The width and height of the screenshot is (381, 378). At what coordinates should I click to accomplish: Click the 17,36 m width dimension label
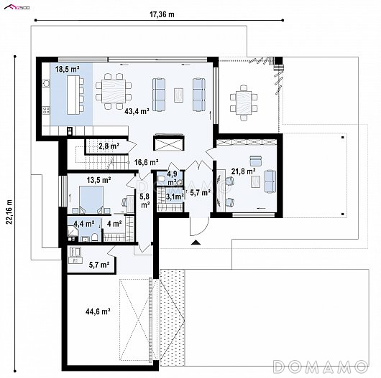(162, 14)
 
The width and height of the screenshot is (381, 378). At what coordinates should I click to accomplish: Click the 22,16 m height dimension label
(9, 212)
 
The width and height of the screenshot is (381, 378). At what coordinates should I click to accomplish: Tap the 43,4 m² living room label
(137, 111)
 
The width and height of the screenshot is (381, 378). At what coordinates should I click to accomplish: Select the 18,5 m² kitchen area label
(68, 69)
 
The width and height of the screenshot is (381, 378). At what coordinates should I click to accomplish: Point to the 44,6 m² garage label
(98, 311)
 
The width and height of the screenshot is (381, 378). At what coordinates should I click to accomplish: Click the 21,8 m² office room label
(243, 171)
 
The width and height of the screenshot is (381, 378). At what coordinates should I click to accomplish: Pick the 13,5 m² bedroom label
(99, 180)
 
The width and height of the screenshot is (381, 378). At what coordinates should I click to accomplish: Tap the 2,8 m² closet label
(109, 146)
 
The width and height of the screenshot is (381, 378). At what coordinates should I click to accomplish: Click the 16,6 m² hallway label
(147, 161)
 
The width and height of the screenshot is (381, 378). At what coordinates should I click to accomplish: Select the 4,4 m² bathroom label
(84, 224)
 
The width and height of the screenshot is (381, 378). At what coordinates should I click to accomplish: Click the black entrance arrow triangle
(195, 242)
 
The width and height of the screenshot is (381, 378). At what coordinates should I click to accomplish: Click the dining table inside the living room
(114, 91)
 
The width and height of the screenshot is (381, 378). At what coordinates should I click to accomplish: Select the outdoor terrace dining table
(244, 103)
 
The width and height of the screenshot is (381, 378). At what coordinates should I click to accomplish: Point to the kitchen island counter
(73, 95)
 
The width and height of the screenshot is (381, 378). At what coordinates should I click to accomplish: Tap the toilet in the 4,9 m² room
(162, 179)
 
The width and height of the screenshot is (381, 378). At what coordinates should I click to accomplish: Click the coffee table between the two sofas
(179, 95)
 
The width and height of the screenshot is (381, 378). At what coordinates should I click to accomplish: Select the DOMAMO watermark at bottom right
(321, 366)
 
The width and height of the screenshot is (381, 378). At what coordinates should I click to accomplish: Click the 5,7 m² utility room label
(99, 265)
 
